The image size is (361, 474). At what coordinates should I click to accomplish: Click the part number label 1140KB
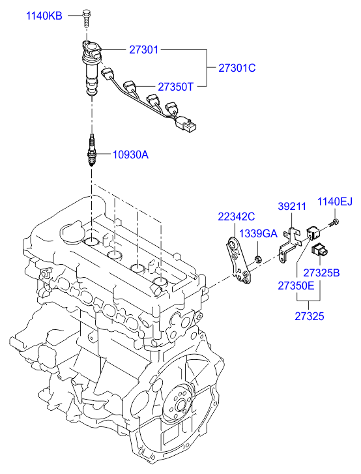tap(44, 15)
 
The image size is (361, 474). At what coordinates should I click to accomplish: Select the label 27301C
tap(237, 68)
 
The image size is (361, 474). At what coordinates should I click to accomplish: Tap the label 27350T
tap(175, 87)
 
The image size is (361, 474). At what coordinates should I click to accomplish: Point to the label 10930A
tap(130, 155)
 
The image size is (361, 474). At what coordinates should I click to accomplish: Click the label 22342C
tap(237, 216)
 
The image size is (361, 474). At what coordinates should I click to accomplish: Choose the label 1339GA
tap(258, 233)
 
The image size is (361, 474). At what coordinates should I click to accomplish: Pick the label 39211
tap(292, 207)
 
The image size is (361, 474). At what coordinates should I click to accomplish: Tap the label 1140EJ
tap(335, 201)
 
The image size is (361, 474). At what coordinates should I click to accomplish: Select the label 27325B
tap(321, 273)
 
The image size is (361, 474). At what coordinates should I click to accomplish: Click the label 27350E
tap(296, 286)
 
